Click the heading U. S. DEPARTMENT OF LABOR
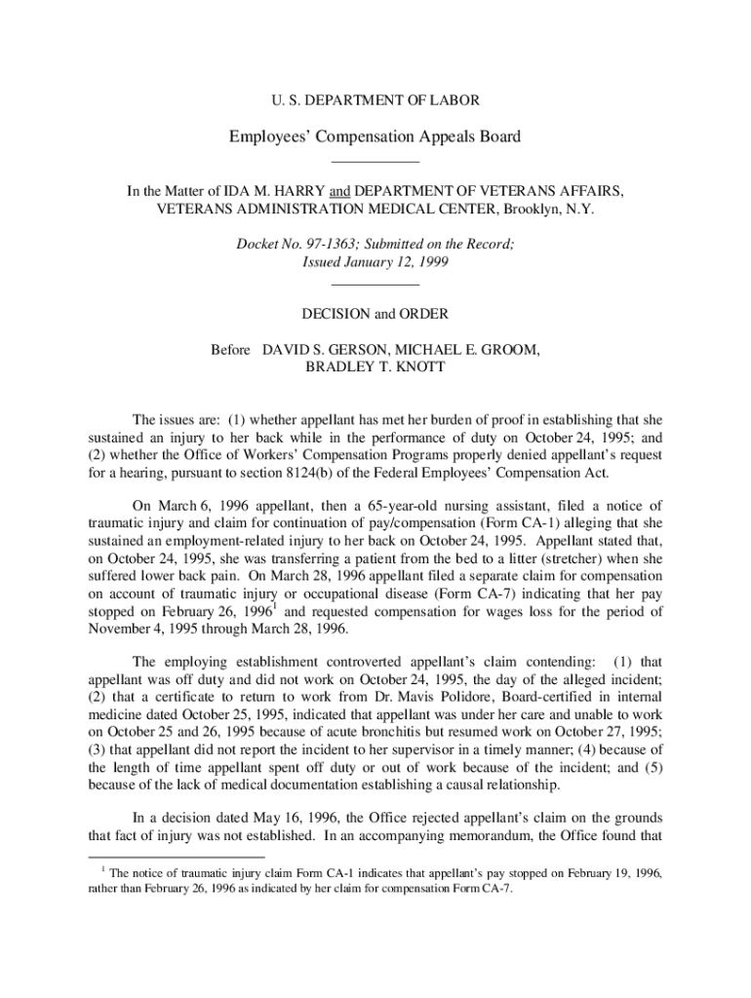[x=375, y=99]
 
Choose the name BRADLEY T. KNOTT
[x=375, y=367]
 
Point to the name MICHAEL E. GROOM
[x=467, y=349]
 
